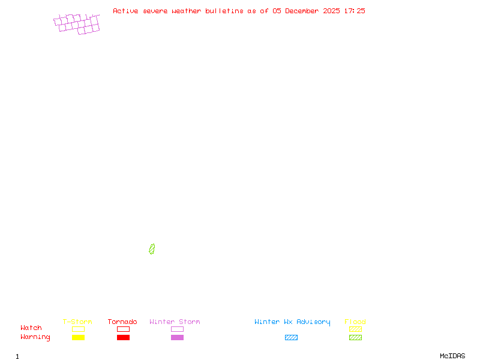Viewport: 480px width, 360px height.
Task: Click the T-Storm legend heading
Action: [77, 322]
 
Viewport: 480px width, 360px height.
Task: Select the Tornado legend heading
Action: [122, 322]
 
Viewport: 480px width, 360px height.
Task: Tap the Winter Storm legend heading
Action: [175, 322]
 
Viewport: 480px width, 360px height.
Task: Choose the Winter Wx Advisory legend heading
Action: [292, 322]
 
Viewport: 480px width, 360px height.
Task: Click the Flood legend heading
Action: [355, 322]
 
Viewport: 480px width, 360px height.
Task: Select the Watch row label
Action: [31, 328]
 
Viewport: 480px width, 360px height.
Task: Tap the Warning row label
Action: [35, 337]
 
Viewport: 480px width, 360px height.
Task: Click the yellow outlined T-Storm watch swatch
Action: [78, 329]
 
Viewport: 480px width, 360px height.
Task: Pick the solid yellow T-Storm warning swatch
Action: [78, 337]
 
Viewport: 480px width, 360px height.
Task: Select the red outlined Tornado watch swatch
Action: [123, 329]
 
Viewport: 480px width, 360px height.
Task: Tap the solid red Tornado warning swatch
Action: [123, 337]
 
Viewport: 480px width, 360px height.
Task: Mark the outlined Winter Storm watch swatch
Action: [177, 329]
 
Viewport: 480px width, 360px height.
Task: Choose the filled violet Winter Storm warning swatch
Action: [177, 337]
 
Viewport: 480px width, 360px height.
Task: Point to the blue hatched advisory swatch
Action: [291, 337]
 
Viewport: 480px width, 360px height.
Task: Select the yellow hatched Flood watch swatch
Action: [355, 329]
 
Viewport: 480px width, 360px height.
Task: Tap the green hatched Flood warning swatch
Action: [355, 337]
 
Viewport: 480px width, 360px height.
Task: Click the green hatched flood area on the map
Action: [152, 249]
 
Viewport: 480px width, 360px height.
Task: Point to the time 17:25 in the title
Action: [355, 11]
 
